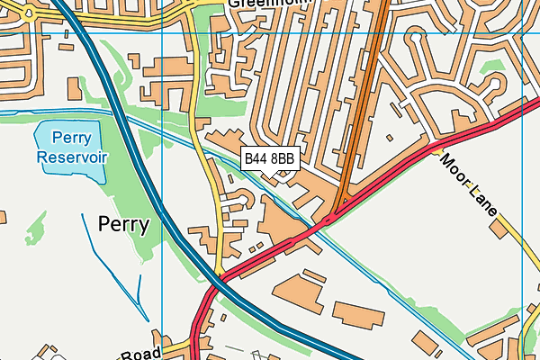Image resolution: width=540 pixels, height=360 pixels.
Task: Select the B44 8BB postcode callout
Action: [x=269, y=159]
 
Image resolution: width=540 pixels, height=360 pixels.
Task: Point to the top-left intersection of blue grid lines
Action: [x=162, y=32]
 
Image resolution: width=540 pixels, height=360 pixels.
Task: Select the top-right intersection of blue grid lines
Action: [x=522, y=32]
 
